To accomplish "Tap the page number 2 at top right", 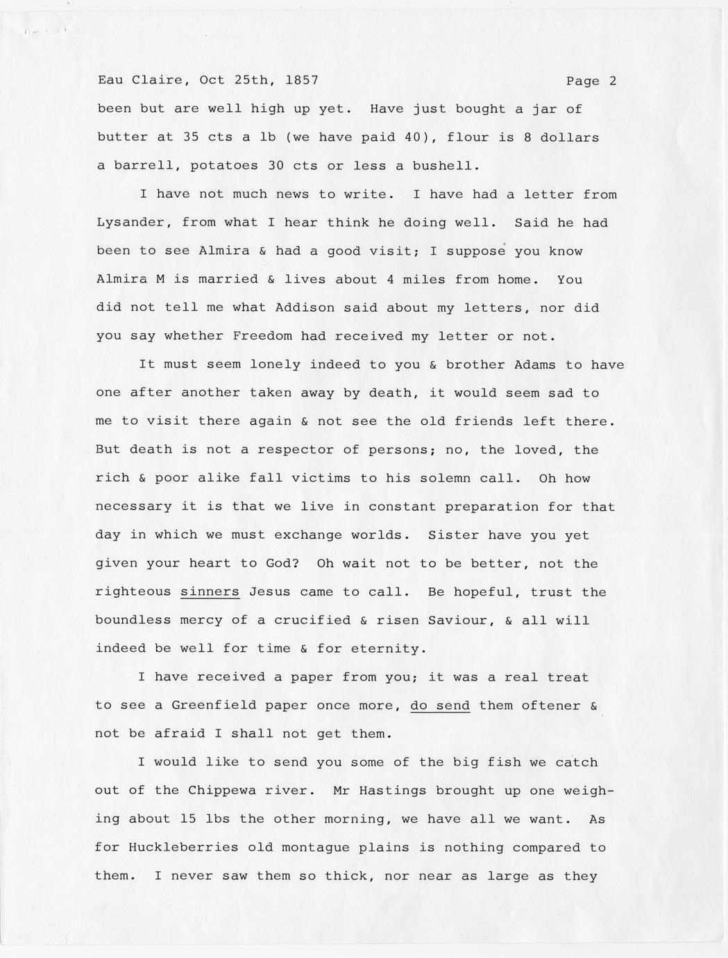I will tap(612, 81).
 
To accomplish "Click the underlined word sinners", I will tap(210, 592).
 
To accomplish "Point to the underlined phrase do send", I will tap(440, 705).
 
